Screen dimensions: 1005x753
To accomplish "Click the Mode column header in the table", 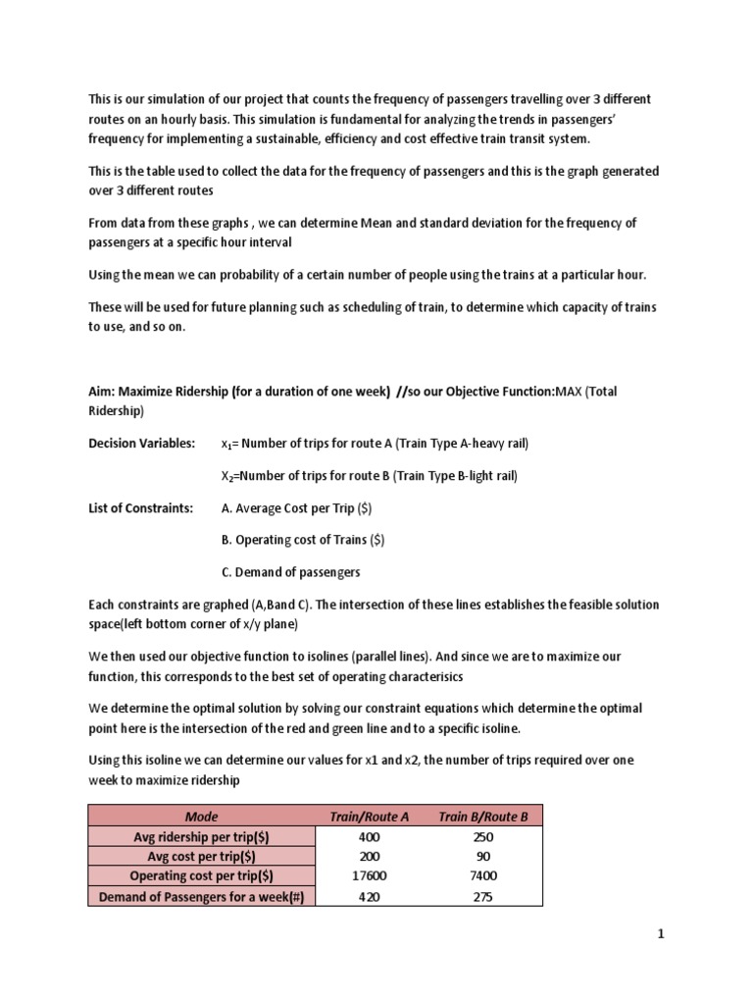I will pos(202,816).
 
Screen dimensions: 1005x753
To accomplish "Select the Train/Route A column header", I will pos(369,816).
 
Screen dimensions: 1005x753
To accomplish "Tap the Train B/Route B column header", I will pos(483,816).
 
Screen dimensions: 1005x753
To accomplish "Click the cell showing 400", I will pos(370,836).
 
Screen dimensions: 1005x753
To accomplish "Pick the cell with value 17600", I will pos(370,876).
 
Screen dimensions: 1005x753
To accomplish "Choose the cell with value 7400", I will pos(483,876).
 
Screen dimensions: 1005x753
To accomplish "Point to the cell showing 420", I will pos(370,896).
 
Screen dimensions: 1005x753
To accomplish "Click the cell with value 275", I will pos(483,896).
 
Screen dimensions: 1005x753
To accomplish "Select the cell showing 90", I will pos(483,856).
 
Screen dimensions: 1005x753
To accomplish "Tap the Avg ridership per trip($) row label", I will pos(202,836).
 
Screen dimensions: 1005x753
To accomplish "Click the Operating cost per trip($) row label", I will pos(202,876).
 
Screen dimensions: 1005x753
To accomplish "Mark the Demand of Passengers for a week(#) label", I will pos(202,896).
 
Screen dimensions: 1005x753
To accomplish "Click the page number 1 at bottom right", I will pos(661,933).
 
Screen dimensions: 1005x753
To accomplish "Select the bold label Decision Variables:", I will pos(141,443).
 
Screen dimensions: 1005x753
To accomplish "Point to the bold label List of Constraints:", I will pos(140,507).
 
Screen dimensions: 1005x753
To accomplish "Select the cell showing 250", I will pos(483,836).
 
